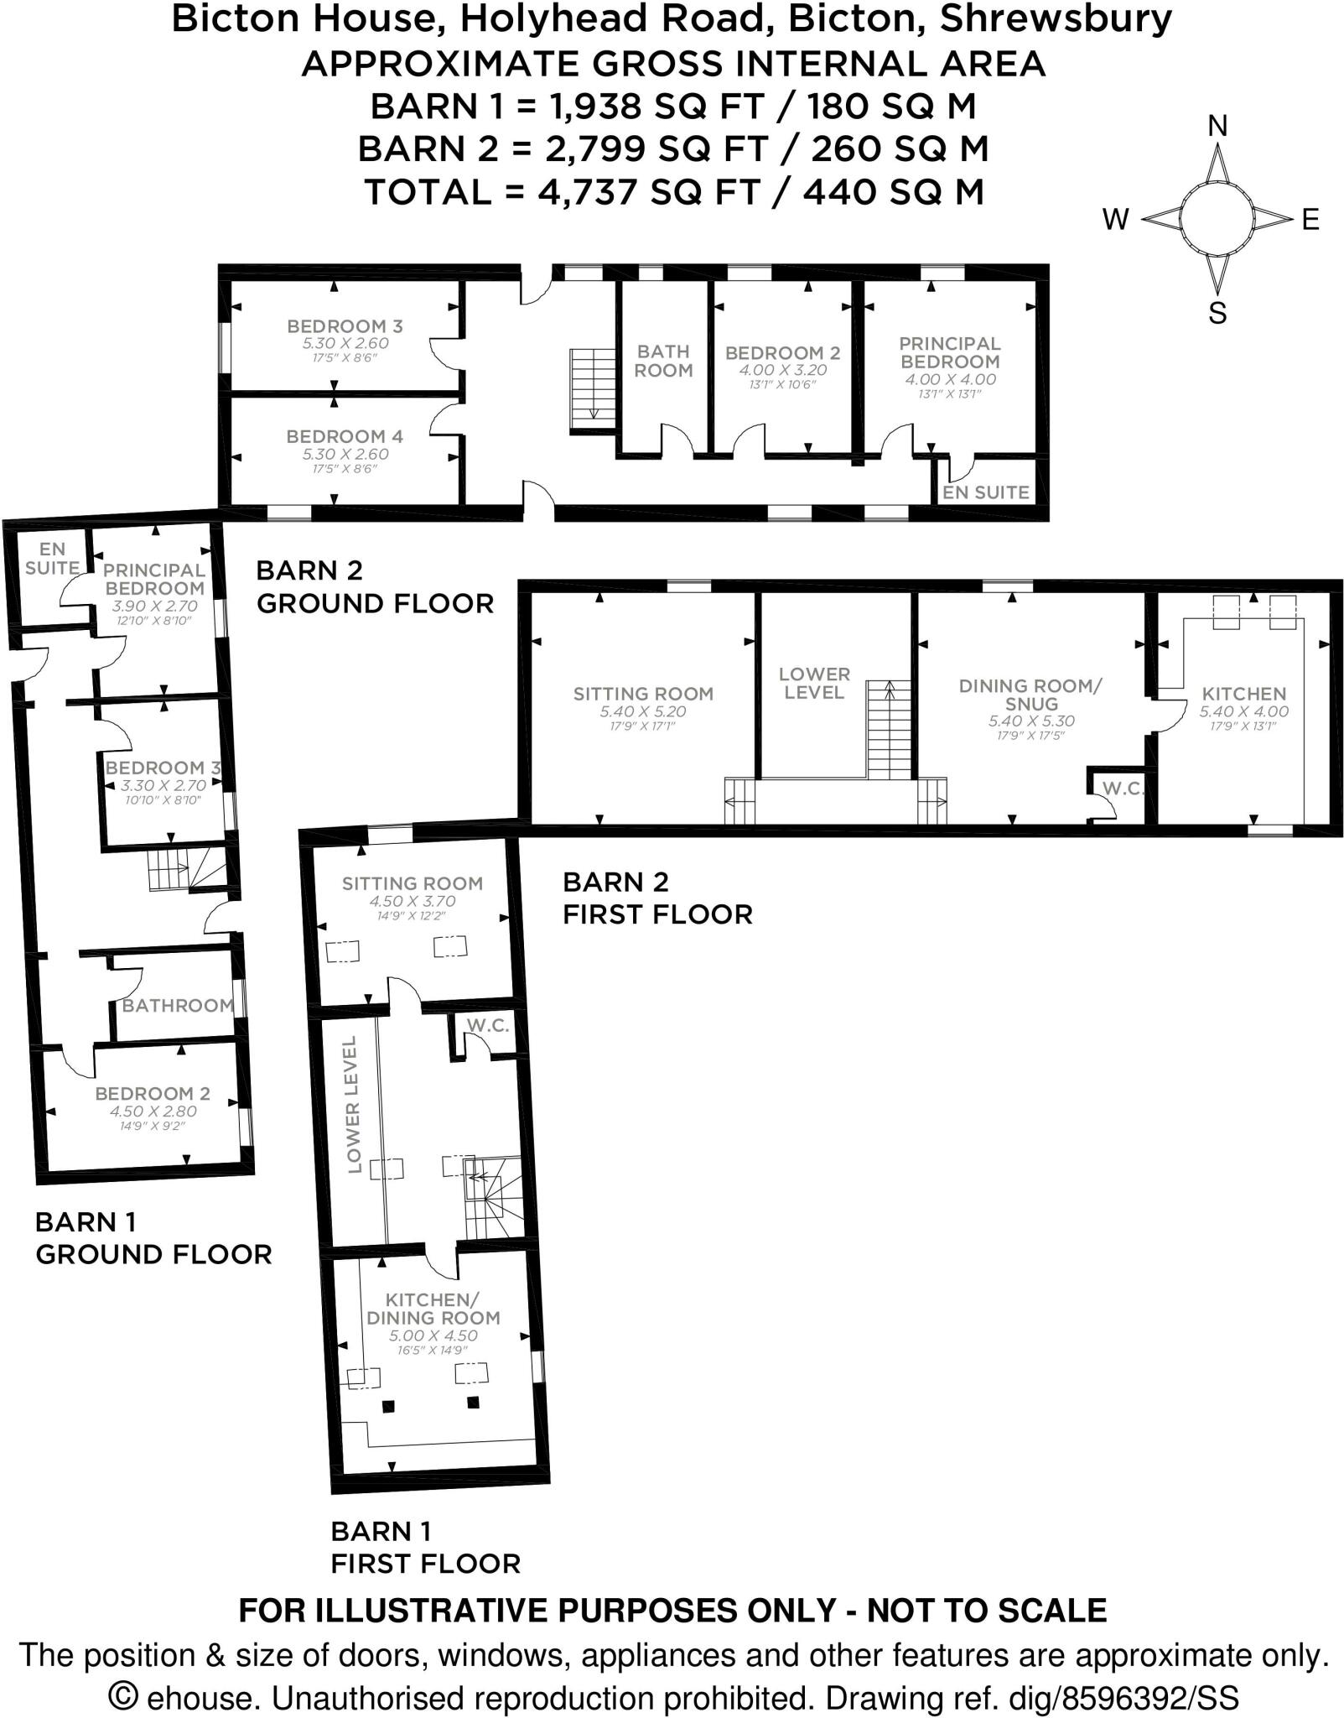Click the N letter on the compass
tap(1217, 127)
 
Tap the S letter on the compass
tap(1217, 313)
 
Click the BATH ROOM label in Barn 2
tap(663, 361)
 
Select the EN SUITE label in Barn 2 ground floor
tap(985, 492)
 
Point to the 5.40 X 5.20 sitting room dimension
tap(642, 711)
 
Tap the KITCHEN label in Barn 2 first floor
tap(1243, 694)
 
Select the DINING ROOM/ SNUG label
tap(1030, 695)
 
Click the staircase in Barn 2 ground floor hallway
tap(593, 387)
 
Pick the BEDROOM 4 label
tap(345, 436)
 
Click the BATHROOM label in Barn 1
tap(178, 1005)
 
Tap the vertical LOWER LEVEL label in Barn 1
tap(353, 1104)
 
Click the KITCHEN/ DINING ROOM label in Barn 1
tap(432, 1308)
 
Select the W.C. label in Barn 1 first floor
tap(488, 1025)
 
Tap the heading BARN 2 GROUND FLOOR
tap(374, 586)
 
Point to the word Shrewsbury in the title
tap(1056, 18)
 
